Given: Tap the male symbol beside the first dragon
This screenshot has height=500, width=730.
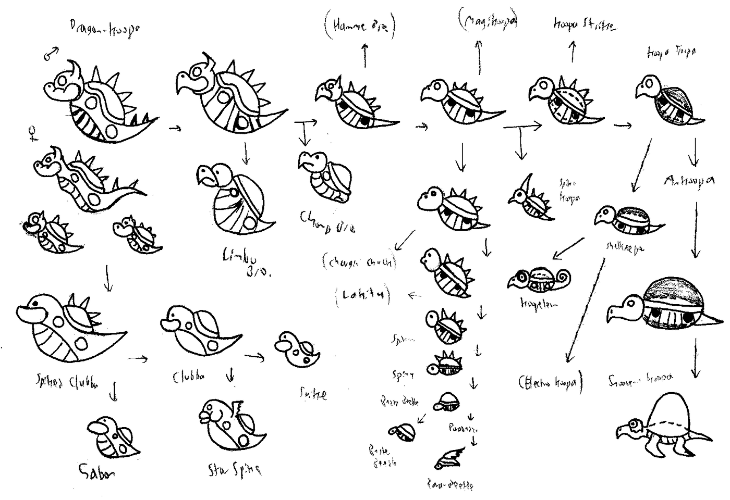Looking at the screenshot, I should coord(51,52).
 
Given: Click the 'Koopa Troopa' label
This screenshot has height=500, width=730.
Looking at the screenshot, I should coord(671,52).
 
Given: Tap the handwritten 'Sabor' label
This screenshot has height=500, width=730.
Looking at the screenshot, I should coord(96,471).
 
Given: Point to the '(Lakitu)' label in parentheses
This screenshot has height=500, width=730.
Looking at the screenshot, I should coord(363,295).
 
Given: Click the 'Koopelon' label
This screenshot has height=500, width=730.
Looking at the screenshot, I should coord(538,304).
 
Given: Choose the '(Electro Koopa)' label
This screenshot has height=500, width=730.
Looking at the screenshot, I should coord(550,383).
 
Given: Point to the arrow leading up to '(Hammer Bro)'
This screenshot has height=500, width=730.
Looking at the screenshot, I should coord(364,55).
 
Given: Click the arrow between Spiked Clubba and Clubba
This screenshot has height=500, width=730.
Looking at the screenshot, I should coord(137,358).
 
